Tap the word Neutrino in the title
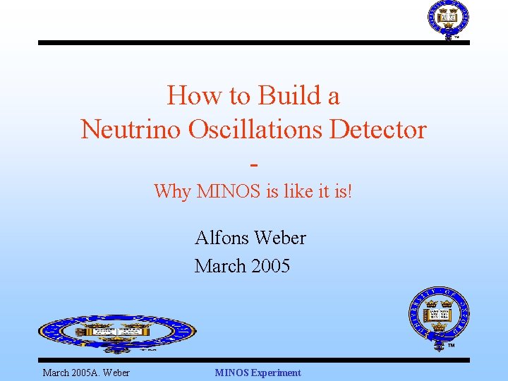(126, 130)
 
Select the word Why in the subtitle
(172, 191)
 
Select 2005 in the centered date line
(269, 266)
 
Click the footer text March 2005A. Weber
(86, 373)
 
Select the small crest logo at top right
(448, 19)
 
